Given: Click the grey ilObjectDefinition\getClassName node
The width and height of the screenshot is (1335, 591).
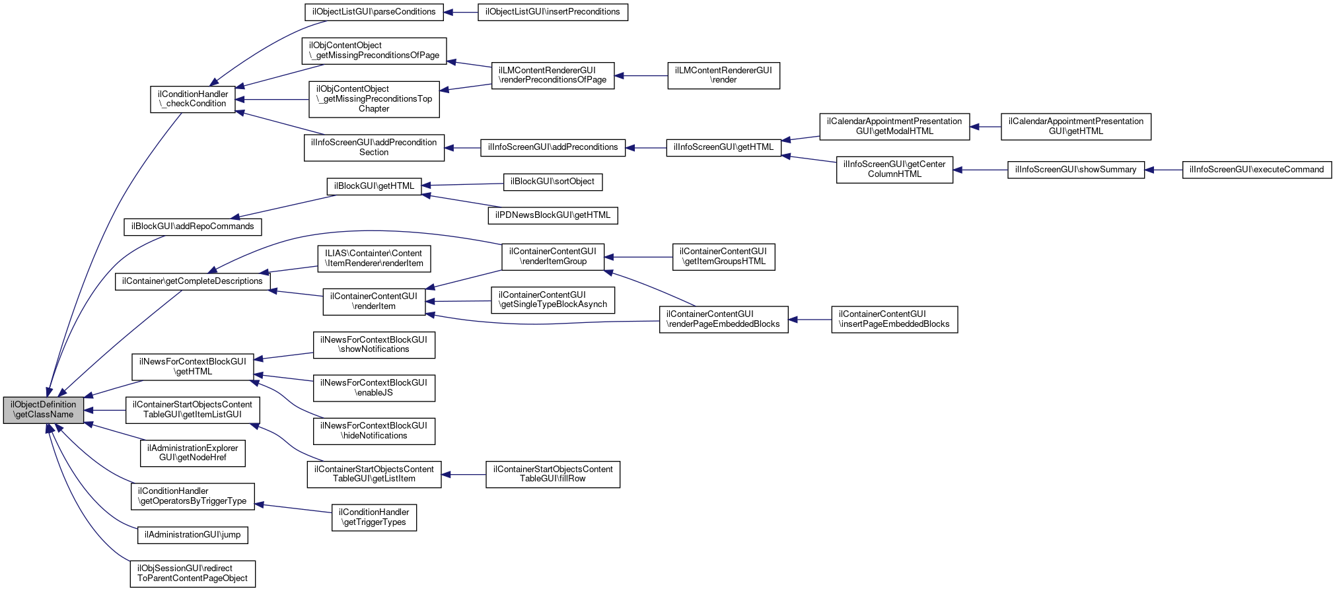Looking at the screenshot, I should (44, 410).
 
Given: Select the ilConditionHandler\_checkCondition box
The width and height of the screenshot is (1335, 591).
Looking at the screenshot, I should (193, 99).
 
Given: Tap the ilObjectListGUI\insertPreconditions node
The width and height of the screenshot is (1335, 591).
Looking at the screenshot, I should (552, 12).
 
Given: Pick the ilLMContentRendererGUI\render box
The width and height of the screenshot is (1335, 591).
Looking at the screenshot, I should (723, 75).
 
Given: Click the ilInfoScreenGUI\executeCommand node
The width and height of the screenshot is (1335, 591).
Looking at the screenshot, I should (1256, 170).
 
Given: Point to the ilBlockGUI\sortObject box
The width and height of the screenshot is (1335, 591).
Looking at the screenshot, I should (552, 182).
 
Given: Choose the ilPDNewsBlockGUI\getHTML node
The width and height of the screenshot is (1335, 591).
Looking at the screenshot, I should (553, 215).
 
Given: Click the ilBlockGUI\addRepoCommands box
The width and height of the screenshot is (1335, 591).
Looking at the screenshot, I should (192, 226).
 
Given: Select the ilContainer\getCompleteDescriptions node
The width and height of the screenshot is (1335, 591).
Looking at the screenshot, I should (192, 281).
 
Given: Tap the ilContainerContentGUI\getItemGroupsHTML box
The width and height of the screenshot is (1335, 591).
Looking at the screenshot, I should (723, 256).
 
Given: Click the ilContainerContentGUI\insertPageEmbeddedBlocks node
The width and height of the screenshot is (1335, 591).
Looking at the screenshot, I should (894, 320).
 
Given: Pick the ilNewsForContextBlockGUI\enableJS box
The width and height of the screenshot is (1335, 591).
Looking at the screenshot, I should (374, 388).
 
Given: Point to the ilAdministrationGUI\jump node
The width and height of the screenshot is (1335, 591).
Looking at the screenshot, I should (192, 535).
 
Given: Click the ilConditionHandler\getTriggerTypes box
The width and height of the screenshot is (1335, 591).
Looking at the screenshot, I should (374, 517).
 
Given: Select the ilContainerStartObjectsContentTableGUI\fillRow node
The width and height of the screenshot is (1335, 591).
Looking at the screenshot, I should (552, 474).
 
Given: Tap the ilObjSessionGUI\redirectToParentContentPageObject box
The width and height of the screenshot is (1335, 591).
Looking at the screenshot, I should (192, 573).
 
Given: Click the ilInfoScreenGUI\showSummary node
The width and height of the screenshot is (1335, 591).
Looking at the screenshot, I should (1075, 170).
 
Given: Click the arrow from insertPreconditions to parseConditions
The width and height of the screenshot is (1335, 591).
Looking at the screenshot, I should (461, 12).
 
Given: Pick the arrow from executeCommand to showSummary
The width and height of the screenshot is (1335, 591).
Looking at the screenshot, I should (1163, 170).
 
